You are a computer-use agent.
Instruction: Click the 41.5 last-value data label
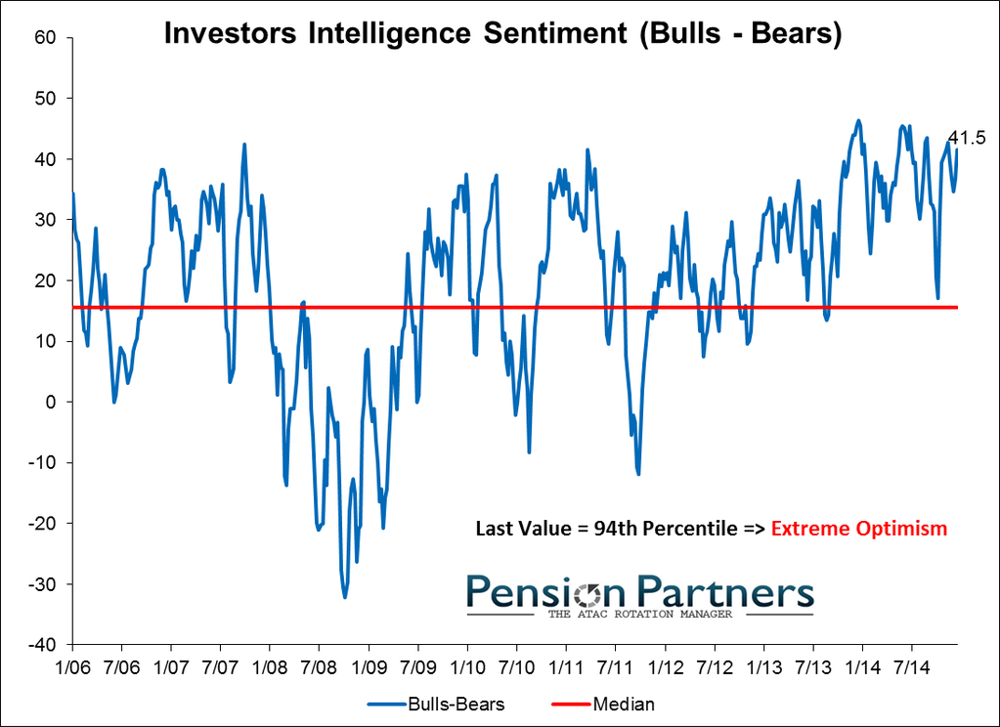point(966,139)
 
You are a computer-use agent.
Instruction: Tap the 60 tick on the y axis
point(45,37)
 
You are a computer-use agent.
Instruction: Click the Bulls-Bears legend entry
point(440,704)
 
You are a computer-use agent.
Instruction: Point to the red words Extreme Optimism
point(859,529)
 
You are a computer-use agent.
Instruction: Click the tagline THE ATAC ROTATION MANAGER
point(641,614)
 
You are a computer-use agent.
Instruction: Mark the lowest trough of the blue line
point(345,597)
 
